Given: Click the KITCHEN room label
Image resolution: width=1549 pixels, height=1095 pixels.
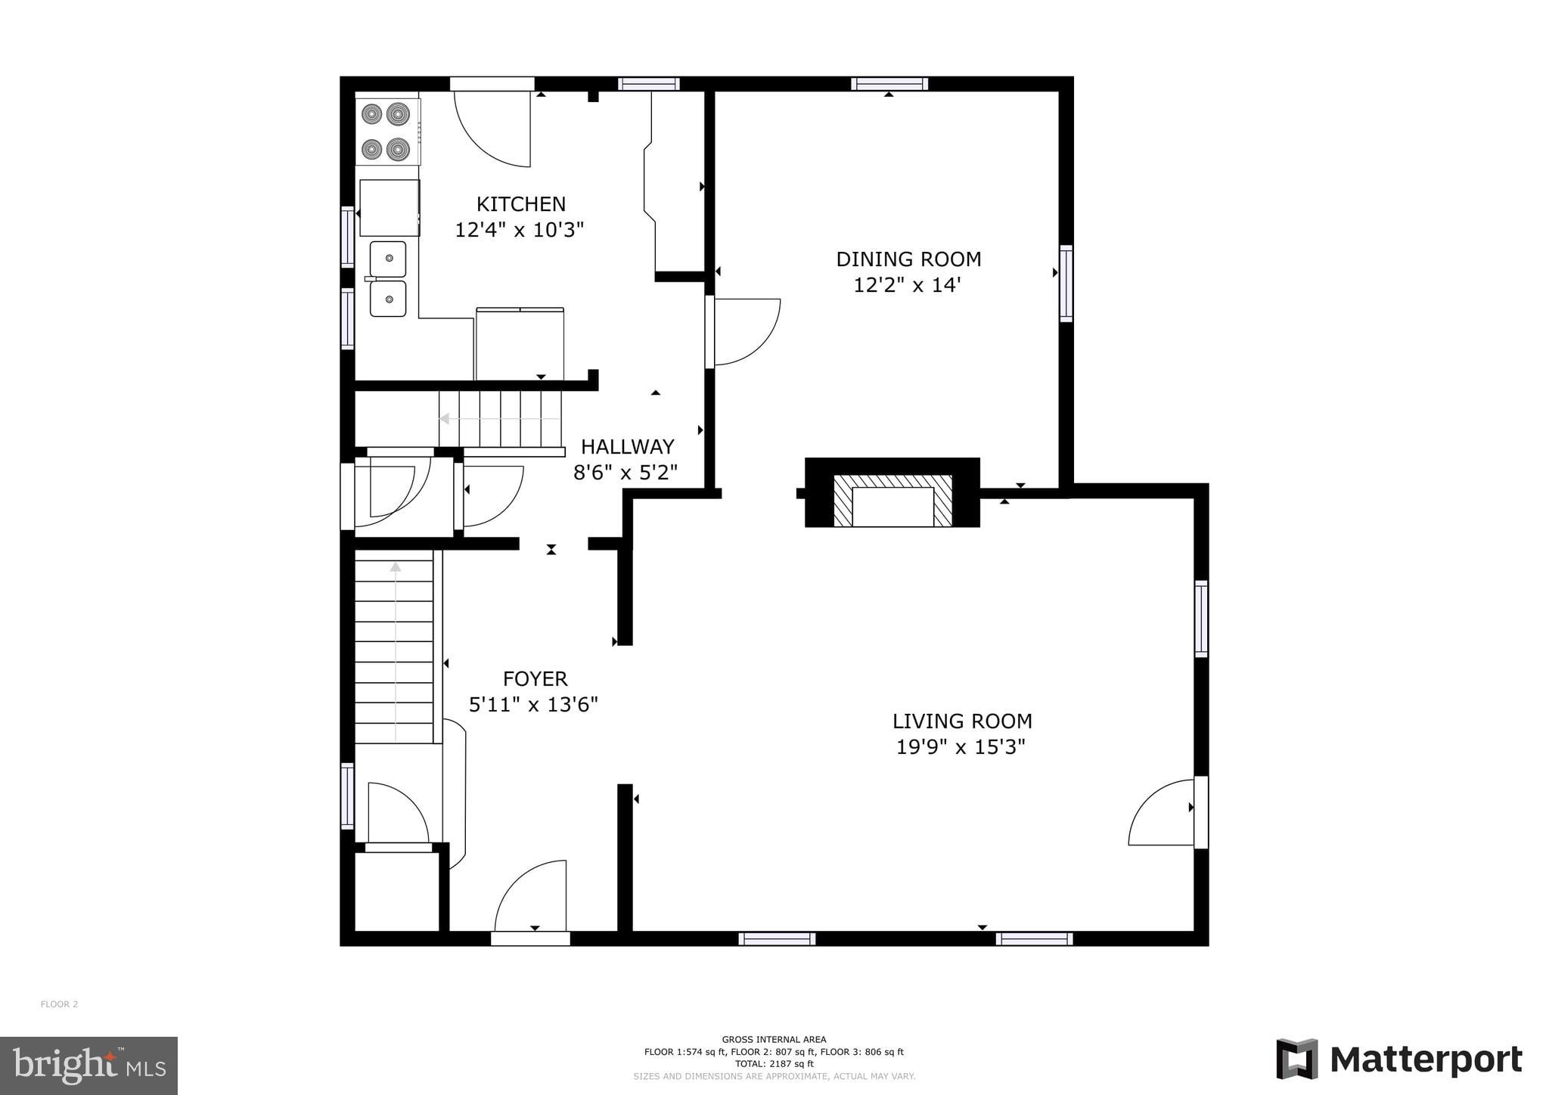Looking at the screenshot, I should tap(520, 204).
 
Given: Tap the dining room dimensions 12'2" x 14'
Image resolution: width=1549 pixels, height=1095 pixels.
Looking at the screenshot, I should tap(907, 286).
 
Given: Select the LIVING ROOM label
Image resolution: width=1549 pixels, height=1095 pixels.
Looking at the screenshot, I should tap(961, 721).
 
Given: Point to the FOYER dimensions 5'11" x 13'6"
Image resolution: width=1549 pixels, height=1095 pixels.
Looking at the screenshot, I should tap(533, 705).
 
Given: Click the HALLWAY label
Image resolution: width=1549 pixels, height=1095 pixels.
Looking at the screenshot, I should tap(627, 447).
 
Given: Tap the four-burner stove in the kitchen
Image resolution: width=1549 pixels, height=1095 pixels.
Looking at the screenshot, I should tap(386, 132).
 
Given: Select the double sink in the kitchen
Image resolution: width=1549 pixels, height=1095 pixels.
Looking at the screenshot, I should tap(388, 279).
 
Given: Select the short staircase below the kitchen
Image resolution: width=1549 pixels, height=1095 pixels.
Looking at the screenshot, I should tap(499, 419).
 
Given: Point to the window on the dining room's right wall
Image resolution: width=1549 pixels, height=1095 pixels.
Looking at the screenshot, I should tap(1066, 283).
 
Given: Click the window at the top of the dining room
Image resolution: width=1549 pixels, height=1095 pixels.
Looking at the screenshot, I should tap(889, 84).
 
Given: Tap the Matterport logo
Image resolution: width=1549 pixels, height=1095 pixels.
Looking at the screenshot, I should tap(1399, 1059).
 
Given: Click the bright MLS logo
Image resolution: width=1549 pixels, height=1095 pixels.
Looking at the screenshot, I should tap(88, 1066).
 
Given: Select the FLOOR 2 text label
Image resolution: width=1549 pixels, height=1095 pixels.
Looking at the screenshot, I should tap(59, 1004).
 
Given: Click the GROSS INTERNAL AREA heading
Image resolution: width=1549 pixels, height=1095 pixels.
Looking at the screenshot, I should tap(774, 1039).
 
